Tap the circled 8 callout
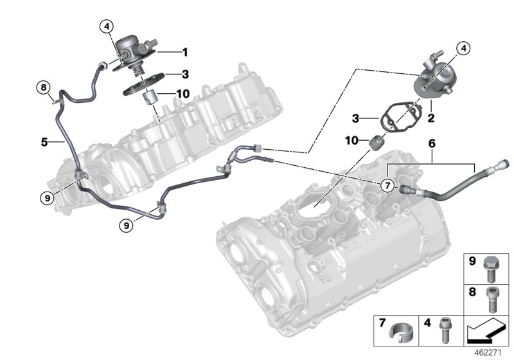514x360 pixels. pyautogui.click(x=42, y=87)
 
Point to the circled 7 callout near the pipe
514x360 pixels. pyautogui.click(x=386, y=186)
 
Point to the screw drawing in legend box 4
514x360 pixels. pyautogui.click(x=441, y=330)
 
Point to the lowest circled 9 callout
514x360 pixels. pyautogui.click(x=127, y=224)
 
